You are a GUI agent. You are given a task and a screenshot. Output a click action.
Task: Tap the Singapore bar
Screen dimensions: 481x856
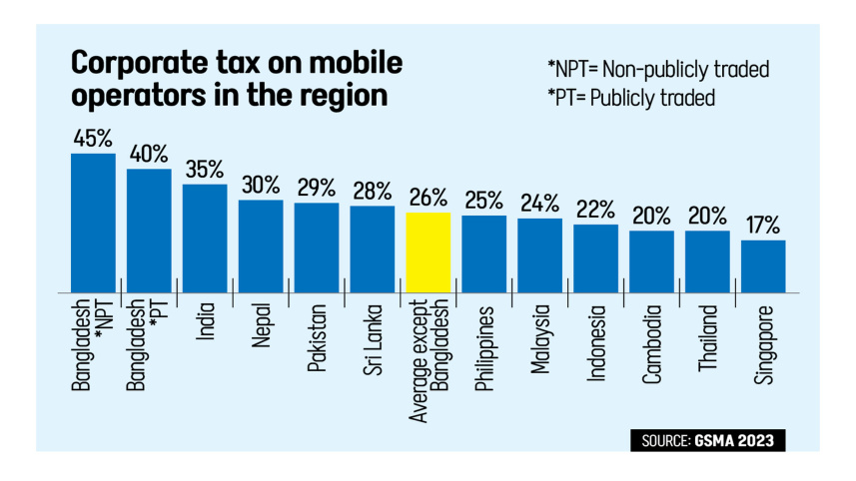click(763, 265)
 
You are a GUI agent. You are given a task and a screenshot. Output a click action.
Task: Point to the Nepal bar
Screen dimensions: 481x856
click(261, 245)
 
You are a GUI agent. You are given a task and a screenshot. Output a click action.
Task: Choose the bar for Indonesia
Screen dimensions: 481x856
click(595, 257)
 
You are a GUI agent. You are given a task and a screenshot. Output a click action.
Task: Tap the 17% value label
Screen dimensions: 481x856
click(763, 226)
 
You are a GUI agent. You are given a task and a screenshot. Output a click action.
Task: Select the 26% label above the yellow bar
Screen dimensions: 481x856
click(428, 198)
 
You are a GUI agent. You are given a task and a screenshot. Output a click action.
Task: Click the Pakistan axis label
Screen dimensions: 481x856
click(317, 338)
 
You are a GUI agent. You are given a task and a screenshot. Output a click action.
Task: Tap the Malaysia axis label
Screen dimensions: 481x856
click(540, 340)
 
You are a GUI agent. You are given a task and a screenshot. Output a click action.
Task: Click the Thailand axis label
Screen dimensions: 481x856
click(708, 339)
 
